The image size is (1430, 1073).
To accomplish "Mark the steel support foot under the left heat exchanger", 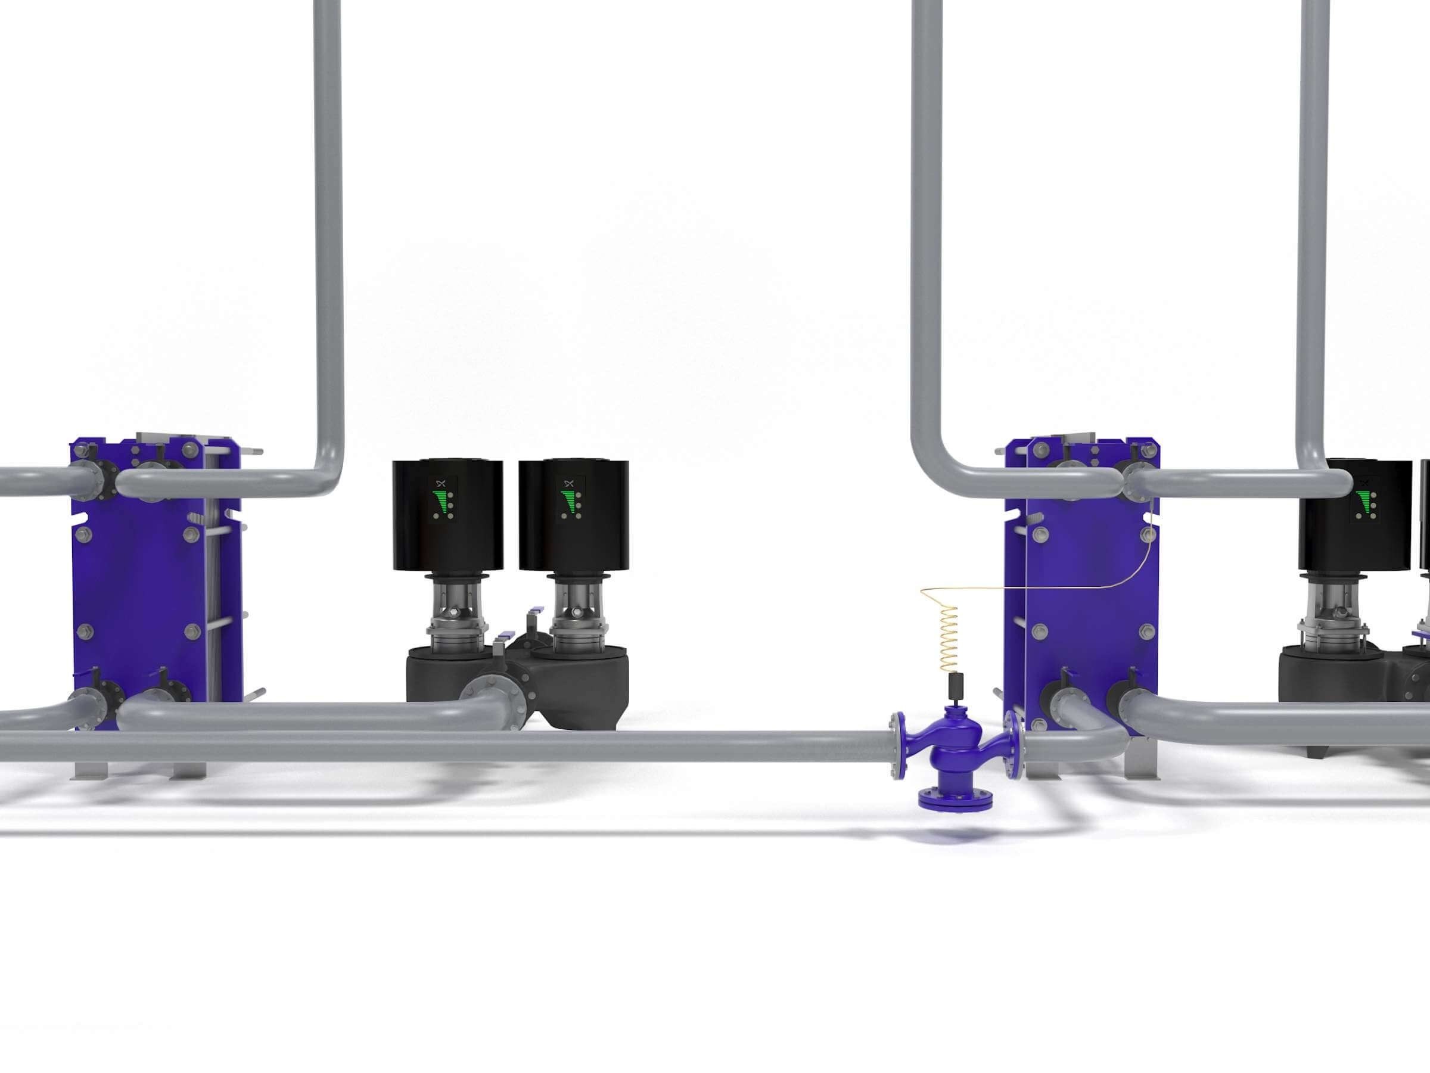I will pyautogui.click(x=91, y=769).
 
